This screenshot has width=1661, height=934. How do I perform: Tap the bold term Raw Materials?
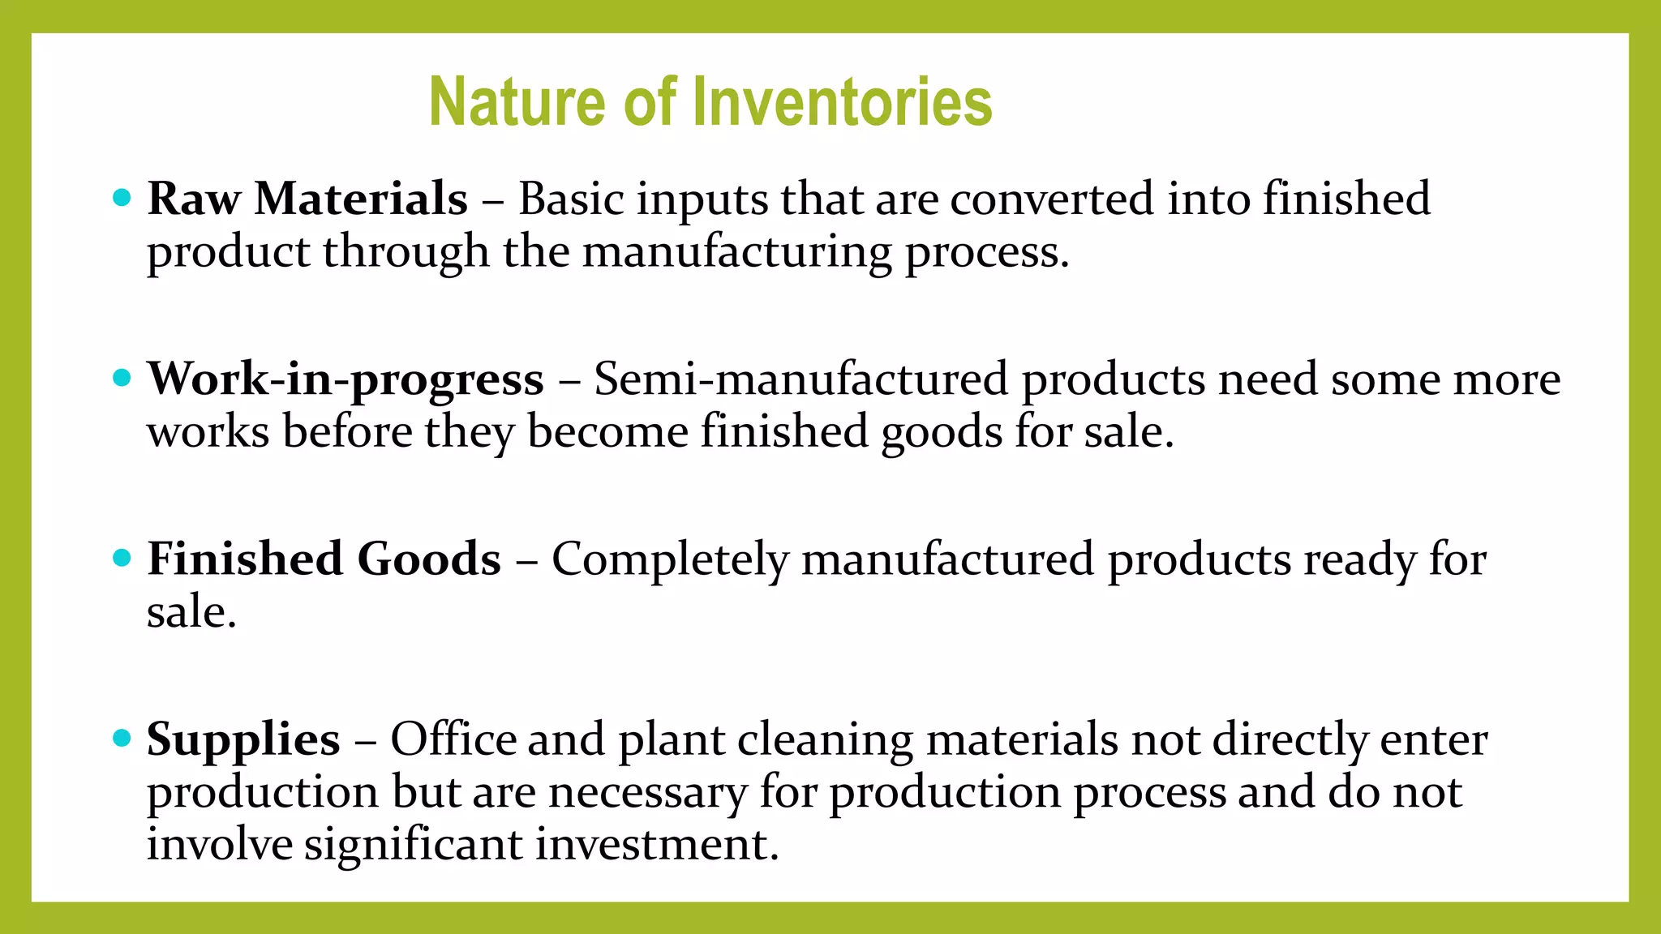click(307, 199)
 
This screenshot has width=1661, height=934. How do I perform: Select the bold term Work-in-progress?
click(346, 379)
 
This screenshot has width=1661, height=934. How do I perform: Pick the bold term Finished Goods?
click(324, 559)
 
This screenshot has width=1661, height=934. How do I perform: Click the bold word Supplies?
click(243, 739)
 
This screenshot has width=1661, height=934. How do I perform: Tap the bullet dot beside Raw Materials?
click(122, 197)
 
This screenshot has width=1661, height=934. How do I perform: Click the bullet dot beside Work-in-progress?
click(122, 377)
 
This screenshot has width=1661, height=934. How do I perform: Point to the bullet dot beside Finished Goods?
click(122, 558)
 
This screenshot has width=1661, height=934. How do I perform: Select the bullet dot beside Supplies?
click(122, 738)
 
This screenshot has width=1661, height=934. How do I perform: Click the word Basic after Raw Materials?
click(571, 199)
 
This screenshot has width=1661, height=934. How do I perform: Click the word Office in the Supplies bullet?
click(453, 739)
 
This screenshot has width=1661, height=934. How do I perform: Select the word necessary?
click(647, 793)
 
